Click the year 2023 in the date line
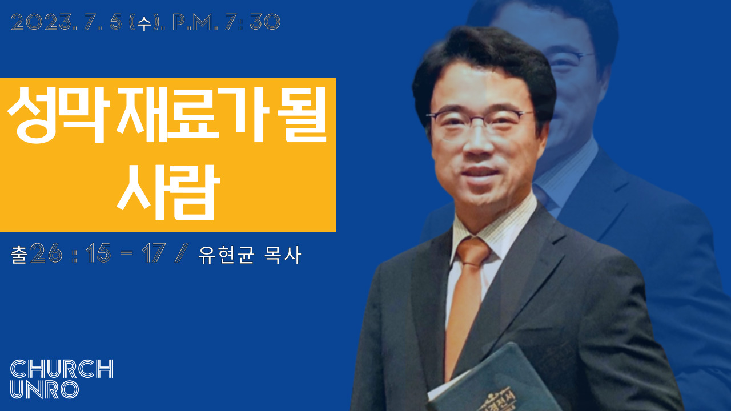[x=42, y=22]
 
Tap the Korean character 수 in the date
[x=144, y=23]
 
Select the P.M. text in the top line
[x=195, y=22]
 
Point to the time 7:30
[x=253, y=22]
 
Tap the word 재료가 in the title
[x=193, y=115]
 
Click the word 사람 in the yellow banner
[x=168, y=192]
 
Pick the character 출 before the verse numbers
[x=19, y=255]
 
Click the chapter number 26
[x=46, y=253]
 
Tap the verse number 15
[x=98, y=253]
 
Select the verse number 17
[x=154, y=253]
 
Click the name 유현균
[x=226, y=255]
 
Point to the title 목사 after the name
[x=282, y=255]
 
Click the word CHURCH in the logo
[x=62, y=369]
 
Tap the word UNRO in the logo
[x=45, y=389]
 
